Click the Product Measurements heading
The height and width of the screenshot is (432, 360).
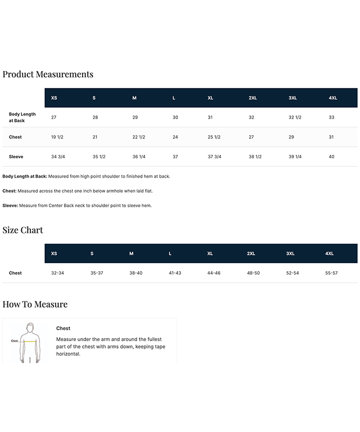48,74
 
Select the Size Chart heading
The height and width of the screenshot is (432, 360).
23,230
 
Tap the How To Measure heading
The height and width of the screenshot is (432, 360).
35,304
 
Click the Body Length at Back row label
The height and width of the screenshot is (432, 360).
22,117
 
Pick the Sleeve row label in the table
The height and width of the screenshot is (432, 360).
16,157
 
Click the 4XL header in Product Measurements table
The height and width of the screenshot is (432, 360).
333,98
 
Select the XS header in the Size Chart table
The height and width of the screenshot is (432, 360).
54,254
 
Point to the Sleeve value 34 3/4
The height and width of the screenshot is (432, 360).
58,157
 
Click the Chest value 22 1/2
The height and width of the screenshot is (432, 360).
138,137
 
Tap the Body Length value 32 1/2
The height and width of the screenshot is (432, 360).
295,117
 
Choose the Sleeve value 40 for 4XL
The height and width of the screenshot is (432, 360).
331,157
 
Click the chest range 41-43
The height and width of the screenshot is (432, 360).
175,273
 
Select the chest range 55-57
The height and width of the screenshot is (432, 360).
331,273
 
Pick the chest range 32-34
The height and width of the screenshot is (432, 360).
57,273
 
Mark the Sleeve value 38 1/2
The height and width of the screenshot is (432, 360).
255,157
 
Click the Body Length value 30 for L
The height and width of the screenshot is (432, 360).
175,117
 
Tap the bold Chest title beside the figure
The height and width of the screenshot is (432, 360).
63,329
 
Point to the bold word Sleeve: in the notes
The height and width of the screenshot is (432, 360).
10,205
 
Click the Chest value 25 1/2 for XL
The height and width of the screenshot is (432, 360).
214,137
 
